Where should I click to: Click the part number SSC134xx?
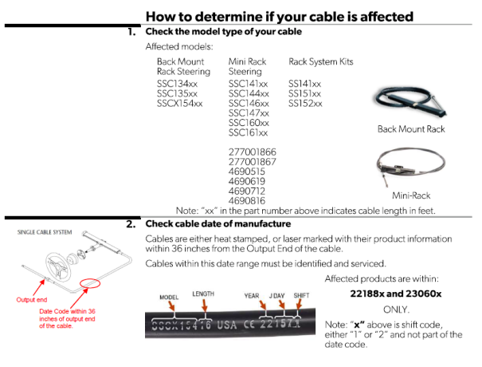click(x=178, y=83)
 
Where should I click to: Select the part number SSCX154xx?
click(x=180, y=103)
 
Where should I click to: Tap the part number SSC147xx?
click(x=249, y=113)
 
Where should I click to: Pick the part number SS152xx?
click(x=305, y=103)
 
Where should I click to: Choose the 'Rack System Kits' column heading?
click(x=320, y=61)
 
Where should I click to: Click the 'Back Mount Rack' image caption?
click(x=411, y=128)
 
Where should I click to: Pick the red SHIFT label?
click(x=302, y=294)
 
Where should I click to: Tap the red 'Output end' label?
click(x=33, y=300)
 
